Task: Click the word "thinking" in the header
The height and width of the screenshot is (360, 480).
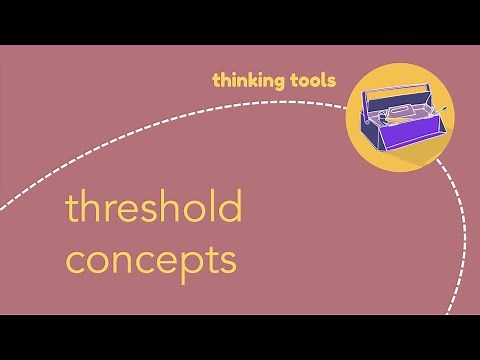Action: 245,79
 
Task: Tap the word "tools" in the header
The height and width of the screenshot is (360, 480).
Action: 309,79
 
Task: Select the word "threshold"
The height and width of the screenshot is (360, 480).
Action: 153,209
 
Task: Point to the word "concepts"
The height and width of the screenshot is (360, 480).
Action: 151,259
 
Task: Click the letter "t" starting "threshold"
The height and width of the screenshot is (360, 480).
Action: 71,210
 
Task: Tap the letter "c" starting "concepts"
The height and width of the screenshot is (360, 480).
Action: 75,261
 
